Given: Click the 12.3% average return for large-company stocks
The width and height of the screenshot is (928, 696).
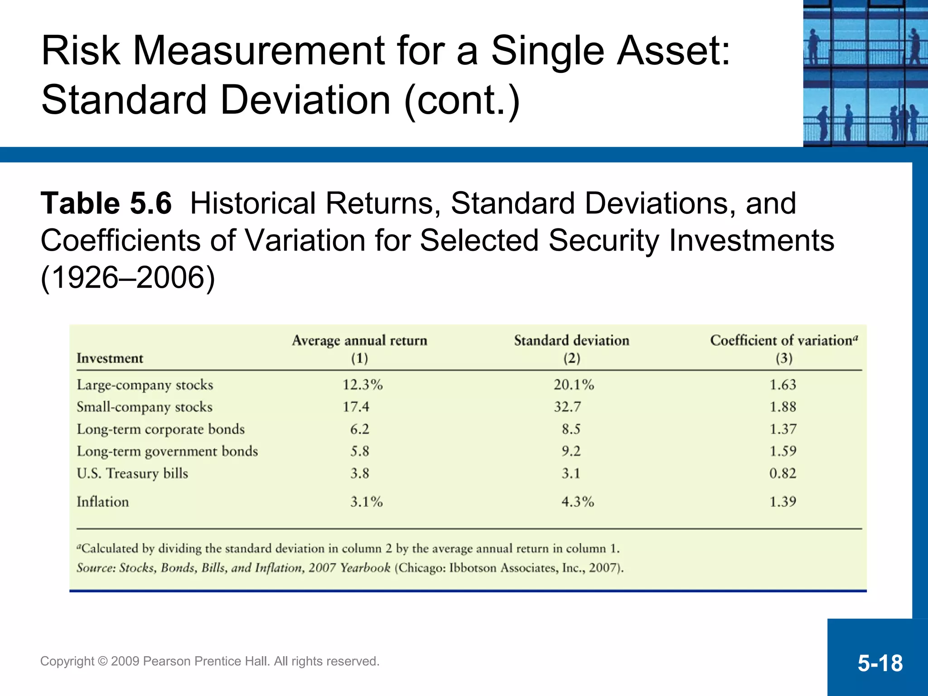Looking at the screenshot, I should point(362,385).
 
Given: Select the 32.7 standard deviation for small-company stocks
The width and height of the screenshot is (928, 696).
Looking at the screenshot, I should point(567,407).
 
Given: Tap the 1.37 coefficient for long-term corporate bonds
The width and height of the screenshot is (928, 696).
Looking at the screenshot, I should point(783,429).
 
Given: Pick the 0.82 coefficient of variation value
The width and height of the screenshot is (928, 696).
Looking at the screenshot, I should point(783,473).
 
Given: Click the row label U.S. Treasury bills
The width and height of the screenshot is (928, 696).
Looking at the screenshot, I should point(132,473).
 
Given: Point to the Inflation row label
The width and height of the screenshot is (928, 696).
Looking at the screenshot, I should point(103,502).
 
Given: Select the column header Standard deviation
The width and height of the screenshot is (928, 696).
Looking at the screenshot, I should point(571,341).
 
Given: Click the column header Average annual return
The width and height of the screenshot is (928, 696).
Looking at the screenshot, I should point(359,341).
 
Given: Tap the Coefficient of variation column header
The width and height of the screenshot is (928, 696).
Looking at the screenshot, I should point(782,341).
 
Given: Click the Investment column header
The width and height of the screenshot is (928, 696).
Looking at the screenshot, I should point(110,358).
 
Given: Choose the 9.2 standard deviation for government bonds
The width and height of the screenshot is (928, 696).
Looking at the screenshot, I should point(571,451).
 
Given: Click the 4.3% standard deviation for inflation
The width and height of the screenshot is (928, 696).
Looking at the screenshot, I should point(577,502).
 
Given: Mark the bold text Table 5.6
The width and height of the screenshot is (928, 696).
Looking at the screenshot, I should point(106,203).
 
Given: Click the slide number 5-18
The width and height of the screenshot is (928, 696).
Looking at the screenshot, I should point(880,663).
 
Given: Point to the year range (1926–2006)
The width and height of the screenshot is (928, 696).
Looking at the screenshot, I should point(128,277).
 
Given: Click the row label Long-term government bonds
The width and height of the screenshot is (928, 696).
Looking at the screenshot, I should point(167,451).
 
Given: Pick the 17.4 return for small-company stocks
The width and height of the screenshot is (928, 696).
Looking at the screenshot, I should point(356,407).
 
